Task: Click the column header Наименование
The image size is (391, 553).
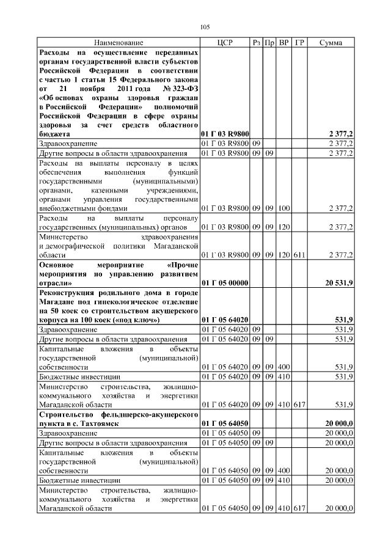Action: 119,43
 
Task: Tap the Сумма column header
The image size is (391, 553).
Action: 331,43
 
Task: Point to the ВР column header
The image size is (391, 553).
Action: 283,43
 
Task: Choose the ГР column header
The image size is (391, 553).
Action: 299,43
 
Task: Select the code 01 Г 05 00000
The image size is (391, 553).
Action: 224,283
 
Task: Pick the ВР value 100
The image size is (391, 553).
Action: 283,208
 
